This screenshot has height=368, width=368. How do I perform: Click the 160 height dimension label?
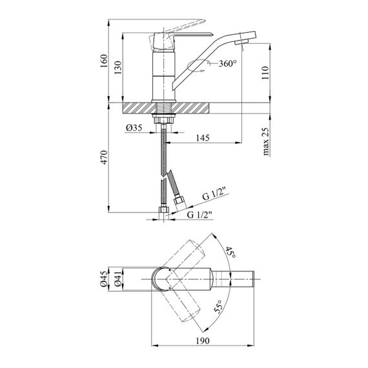tap(104, 61)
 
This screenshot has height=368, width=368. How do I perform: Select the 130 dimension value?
tap(118, 68)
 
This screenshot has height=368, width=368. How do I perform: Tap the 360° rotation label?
tap(227, 63)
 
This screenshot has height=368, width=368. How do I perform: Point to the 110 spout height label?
tap(265, 73)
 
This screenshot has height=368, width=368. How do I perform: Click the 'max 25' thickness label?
tap(265, 141)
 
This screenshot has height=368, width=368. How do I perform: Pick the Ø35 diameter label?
tap(134, 128)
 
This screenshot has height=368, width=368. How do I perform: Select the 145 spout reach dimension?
tap(203, 138)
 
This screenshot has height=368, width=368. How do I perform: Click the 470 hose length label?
tap(104, 158)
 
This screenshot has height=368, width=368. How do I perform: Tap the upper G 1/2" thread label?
tap(216, 196)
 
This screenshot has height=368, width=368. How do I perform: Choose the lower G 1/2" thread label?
tap(199, 214)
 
